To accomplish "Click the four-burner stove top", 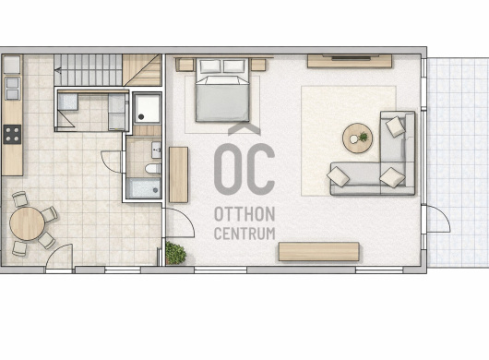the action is click(12, 134).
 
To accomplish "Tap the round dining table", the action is click(27, 223).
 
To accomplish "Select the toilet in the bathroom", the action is click(153, 169).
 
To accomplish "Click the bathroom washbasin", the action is click(156, 150).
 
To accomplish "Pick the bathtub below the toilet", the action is click(144, 188).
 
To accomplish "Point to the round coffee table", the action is click(357, 138).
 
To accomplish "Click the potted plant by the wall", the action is click(175, 253).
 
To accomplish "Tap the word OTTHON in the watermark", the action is click(244, 214).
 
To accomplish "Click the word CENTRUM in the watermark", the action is click(244, 234).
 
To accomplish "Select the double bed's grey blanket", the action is click(222, 102).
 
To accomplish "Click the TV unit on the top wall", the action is click(350, 61).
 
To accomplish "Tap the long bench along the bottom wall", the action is click(318, 251).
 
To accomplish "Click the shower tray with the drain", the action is click(148, 108).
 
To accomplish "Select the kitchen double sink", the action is click(13, 89).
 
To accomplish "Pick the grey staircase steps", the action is click(88, 70).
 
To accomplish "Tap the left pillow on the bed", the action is click(210, 66).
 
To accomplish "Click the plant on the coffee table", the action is click(363, 137).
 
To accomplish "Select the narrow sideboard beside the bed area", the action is click(178, 174).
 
